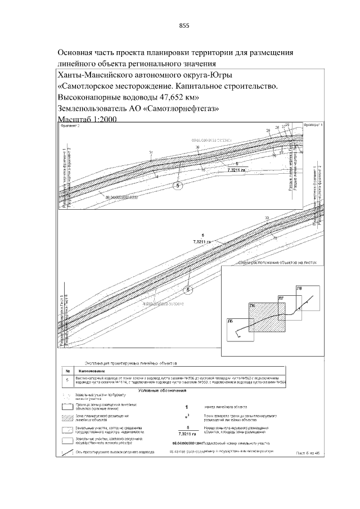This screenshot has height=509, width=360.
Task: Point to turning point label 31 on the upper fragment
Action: tap(151, 152)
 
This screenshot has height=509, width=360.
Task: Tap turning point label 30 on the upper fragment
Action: tap(197, 147)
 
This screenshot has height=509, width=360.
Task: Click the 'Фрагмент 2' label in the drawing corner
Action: tap(71, 127)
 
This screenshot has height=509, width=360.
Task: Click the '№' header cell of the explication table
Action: tap(67, 371)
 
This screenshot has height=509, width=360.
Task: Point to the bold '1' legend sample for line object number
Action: tap(186, 406)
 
